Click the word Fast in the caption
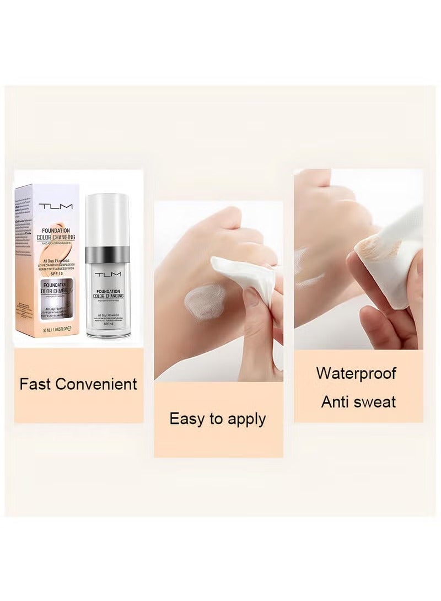tap(35, 384)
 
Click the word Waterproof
tap(356, 373)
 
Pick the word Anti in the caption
tap(337, 401)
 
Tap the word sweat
tap(375, 401)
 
